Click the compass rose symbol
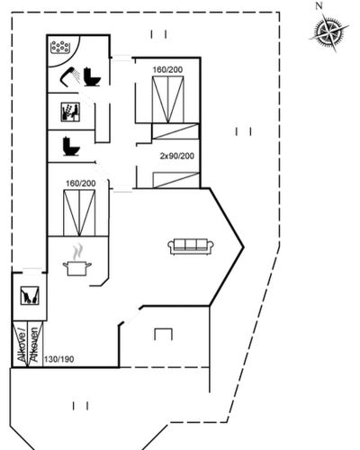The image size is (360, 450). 329,31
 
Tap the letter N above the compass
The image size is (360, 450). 319,5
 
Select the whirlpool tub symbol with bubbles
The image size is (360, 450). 60,47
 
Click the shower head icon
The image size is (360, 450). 70,76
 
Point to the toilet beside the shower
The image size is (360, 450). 92,77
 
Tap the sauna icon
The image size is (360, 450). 70,112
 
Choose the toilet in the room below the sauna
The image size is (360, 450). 71,147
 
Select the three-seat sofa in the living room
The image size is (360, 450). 191,247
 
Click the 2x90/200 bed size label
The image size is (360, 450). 177,156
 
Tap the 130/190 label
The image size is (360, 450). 59,359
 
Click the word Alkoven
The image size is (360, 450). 34,345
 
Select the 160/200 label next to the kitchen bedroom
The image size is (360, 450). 81,184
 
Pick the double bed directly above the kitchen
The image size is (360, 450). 79,213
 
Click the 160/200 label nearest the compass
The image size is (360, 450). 167,69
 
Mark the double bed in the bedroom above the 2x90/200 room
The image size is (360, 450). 168,100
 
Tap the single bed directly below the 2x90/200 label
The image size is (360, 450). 176,180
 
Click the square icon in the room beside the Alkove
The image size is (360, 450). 30,296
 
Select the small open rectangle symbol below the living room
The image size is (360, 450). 164,334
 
